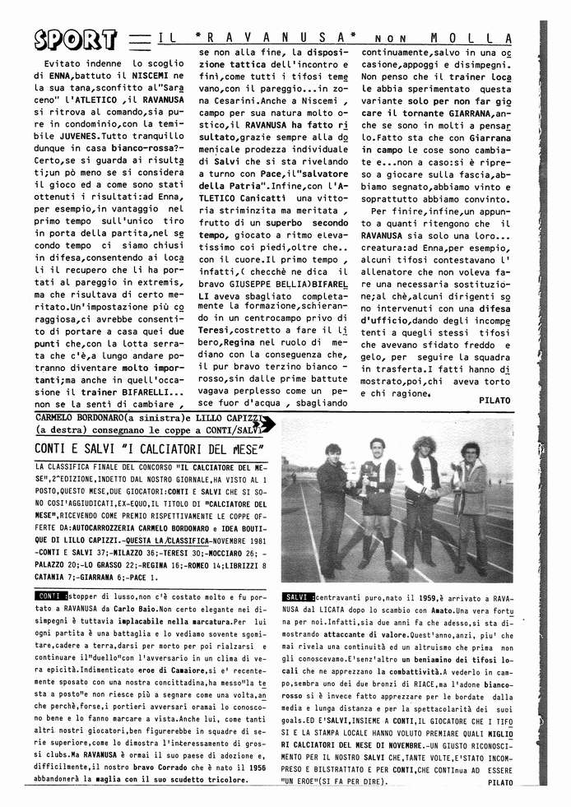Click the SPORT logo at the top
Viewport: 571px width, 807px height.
[x=75, y=39]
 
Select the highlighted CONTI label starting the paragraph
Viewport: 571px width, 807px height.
[x=50, y=595]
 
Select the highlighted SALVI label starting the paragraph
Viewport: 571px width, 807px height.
[x=296, y=595]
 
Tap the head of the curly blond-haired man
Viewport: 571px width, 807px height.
[x=425, y=448]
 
